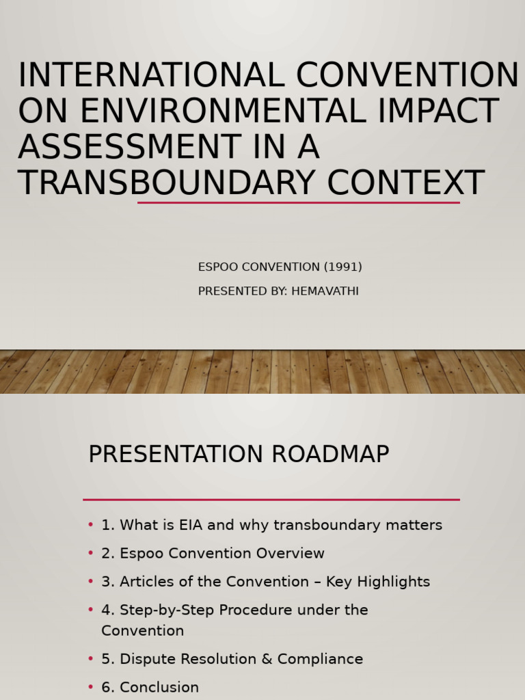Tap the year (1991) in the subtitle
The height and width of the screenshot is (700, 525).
[343, 267]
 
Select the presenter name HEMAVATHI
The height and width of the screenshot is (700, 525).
[325, 291]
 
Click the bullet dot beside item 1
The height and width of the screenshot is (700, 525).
[91, 525]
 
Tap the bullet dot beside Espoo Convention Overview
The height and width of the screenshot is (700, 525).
[91, 554]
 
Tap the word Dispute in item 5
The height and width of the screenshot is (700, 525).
[145, 659]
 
